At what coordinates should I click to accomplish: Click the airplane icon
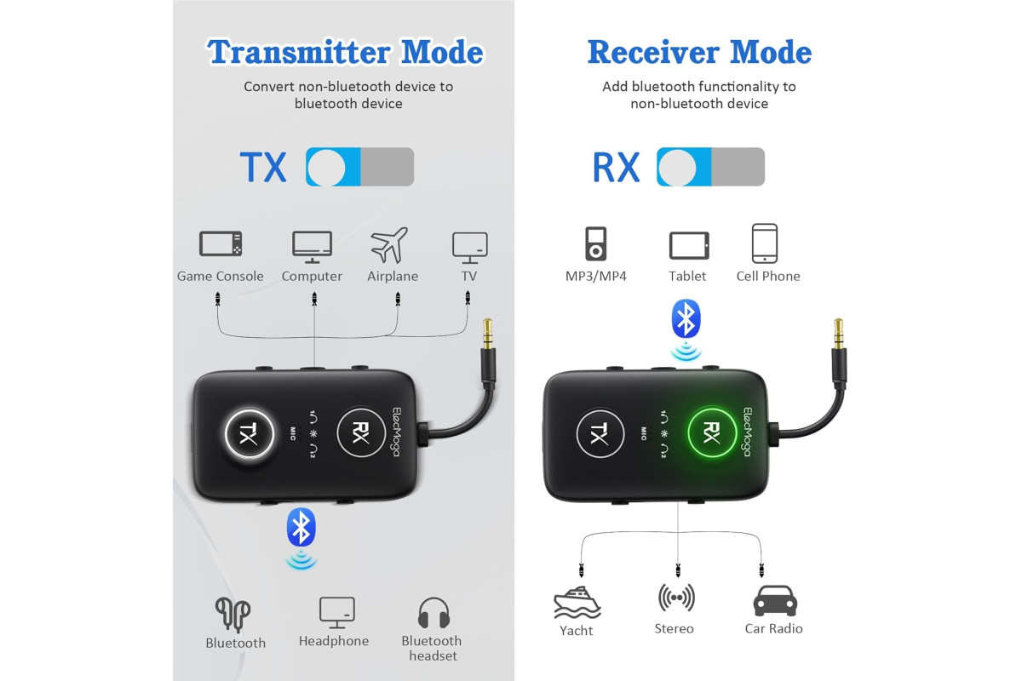click(388, 245)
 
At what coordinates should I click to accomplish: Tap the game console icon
click(221, 243)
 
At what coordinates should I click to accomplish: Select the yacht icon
click(577, 602)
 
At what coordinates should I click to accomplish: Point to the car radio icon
click(775, 601)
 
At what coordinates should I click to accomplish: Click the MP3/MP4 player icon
click(596, 243)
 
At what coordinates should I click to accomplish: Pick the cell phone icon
click(765, 243)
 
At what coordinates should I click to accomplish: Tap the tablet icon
click(689, 245)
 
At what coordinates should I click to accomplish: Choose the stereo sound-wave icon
click(676, 597)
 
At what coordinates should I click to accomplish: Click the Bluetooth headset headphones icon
click(433, 613)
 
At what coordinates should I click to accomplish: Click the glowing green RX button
click(712, 432)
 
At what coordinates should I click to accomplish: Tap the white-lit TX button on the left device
click(249, 433)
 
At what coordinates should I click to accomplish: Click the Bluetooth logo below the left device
click(301, 527)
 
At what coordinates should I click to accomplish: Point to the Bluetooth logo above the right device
click(686, 318)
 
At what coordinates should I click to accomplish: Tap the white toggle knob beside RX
click(678, 168)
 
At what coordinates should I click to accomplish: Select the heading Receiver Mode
click(699, 52)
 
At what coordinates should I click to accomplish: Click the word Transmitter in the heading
click(299, 52)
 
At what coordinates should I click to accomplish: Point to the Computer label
click(312, 277)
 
